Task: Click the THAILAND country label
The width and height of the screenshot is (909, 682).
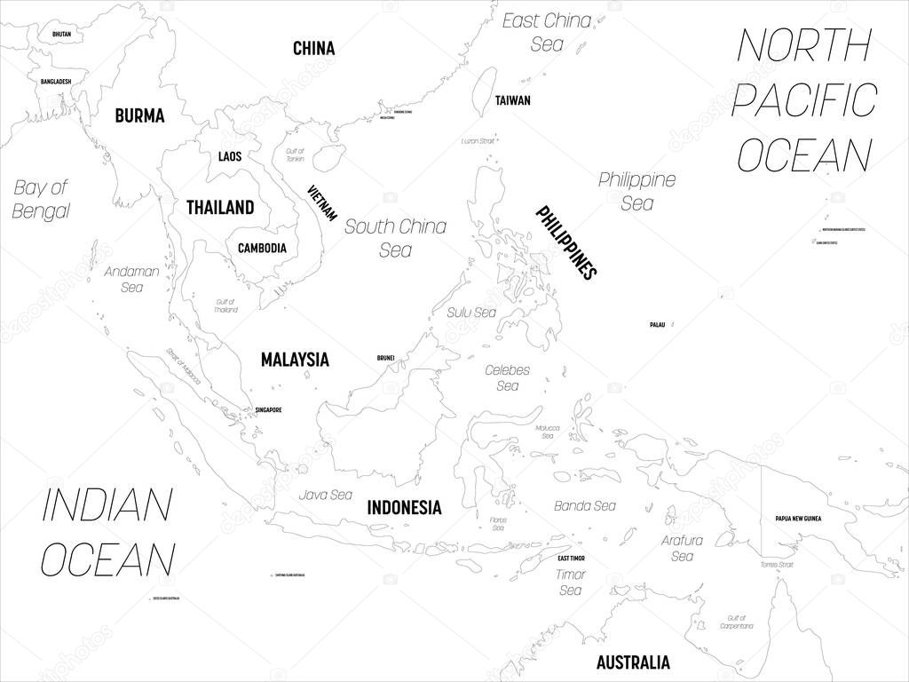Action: (220, 208)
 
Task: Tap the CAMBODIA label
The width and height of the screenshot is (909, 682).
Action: (262, 248)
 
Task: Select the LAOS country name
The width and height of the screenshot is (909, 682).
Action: (229, 157)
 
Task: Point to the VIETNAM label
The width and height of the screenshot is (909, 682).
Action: (322, 202)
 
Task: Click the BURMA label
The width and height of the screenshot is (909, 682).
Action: (139, 115)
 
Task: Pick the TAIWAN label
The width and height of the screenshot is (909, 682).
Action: (513, 100)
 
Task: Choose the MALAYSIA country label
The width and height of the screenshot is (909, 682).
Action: (295, 360)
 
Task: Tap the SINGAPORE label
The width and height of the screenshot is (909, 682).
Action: (268, 410)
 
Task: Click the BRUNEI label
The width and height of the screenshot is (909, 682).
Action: (385, 358)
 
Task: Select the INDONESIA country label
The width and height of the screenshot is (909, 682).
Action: (404, 508)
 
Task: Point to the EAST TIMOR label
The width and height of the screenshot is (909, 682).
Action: (571, 558)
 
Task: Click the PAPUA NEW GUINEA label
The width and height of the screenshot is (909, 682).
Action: (798, 518)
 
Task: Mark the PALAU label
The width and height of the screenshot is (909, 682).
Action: (657, 325)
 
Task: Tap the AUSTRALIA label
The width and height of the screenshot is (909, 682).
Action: (633, 662)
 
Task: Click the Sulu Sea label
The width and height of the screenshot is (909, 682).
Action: (471, 313)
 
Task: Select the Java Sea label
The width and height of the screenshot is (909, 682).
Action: (326, 495)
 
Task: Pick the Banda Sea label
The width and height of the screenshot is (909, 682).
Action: (585, 505)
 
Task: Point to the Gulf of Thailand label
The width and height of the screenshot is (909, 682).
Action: (226, 305)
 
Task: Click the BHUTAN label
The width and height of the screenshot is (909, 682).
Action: (61, 34)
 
